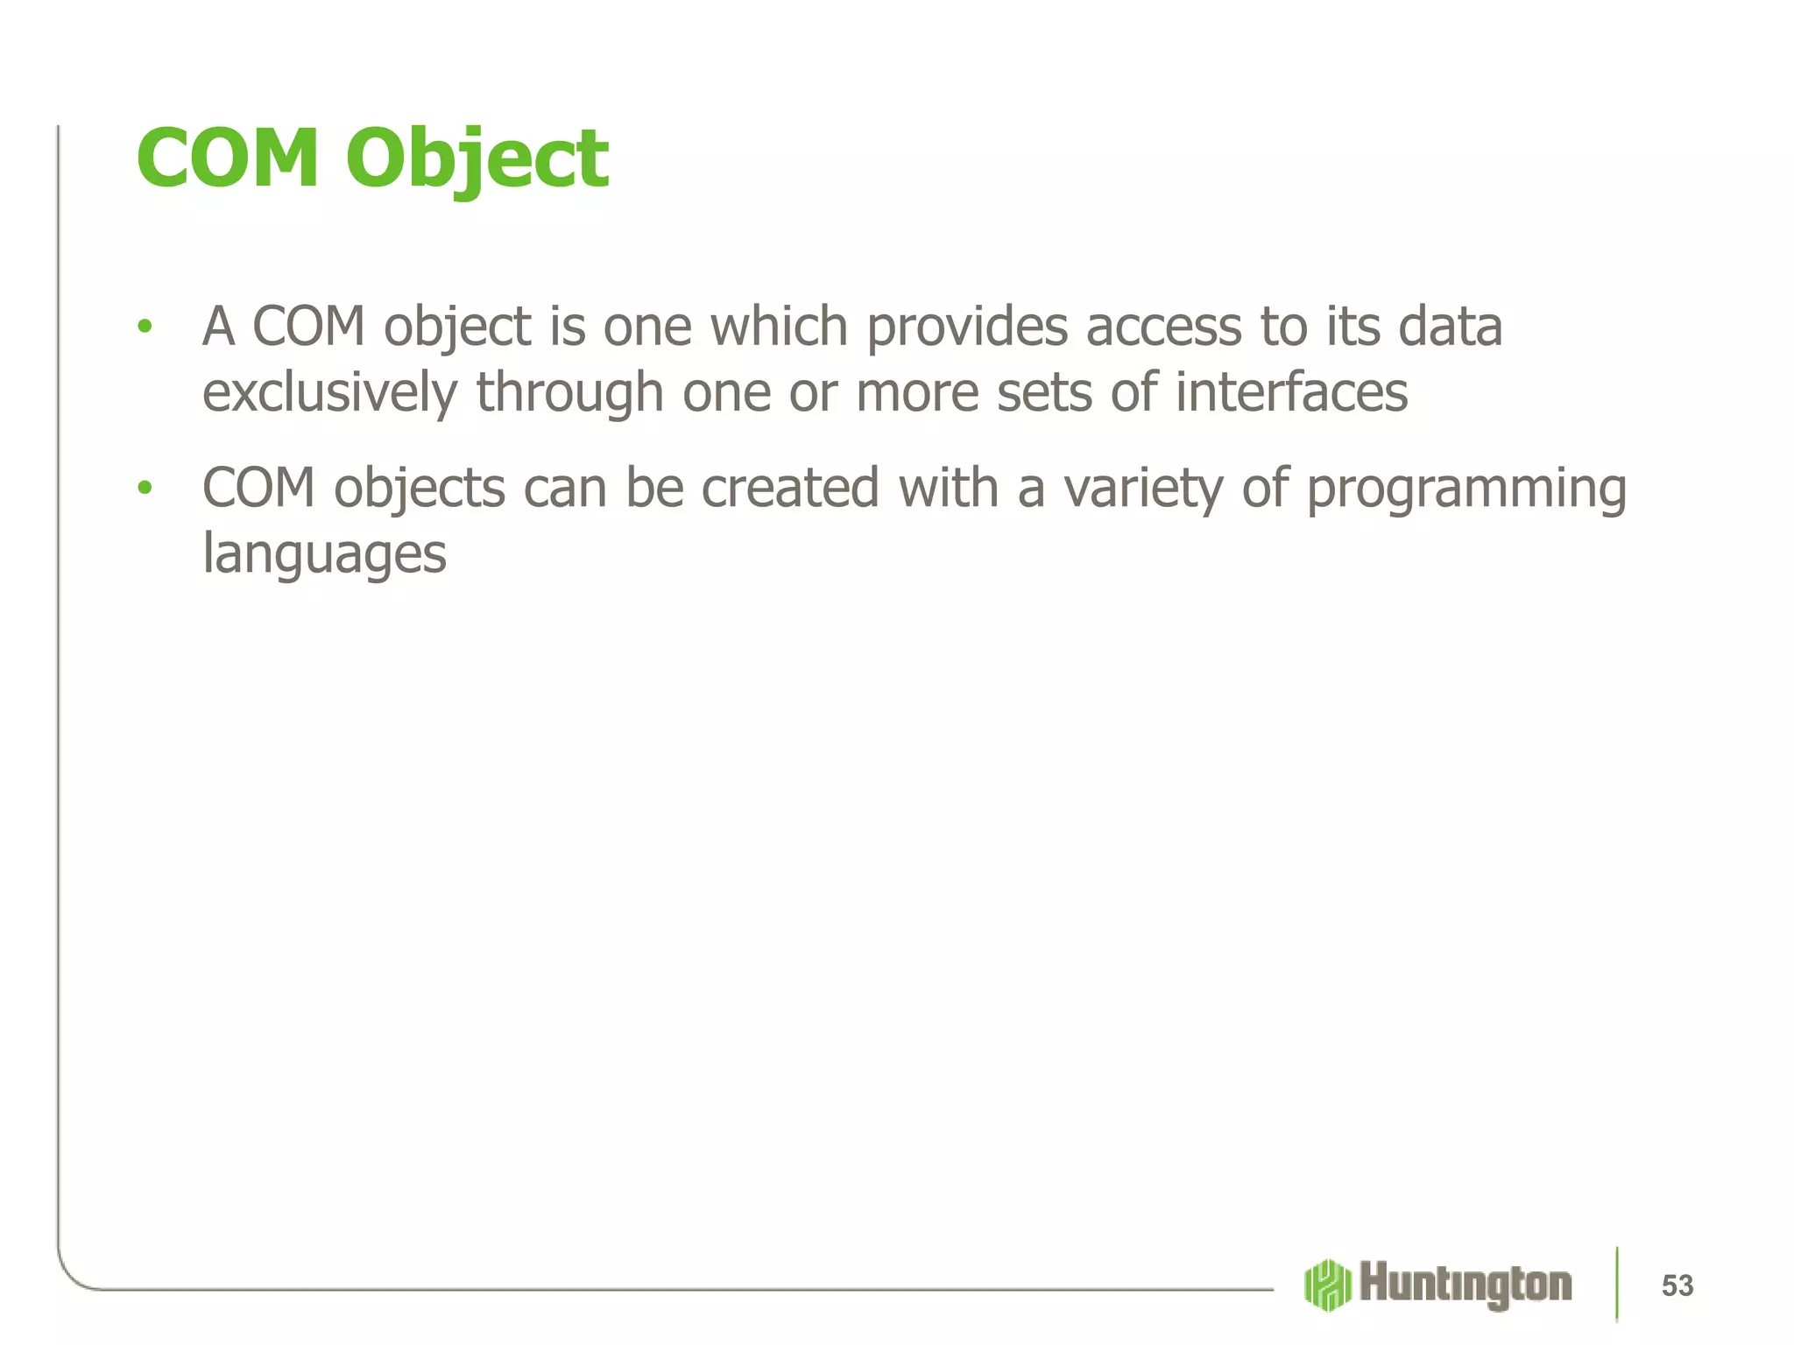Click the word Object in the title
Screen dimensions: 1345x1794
tap(477, 159)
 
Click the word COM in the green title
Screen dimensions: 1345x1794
tap(228, 159)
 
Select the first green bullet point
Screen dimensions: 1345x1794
tap(145, 327)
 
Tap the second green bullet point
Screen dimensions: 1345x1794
tap(145, 488)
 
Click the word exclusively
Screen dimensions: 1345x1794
tap(329, 392)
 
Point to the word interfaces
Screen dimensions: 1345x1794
tap(1291, 392)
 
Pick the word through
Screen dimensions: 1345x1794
tap(569, 392)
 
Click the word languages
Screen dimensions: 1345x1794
tap(324, 555)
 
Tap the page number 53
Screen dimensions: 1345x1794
tap(1677, 1285)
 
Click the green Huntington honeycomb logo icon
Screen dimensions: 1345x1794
tap(1326, 1285)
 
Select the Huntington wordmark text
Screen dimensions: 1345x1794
tap(1466, 1285)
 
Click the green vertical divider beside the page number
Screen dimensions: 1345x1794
tap(1616, 1284)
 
